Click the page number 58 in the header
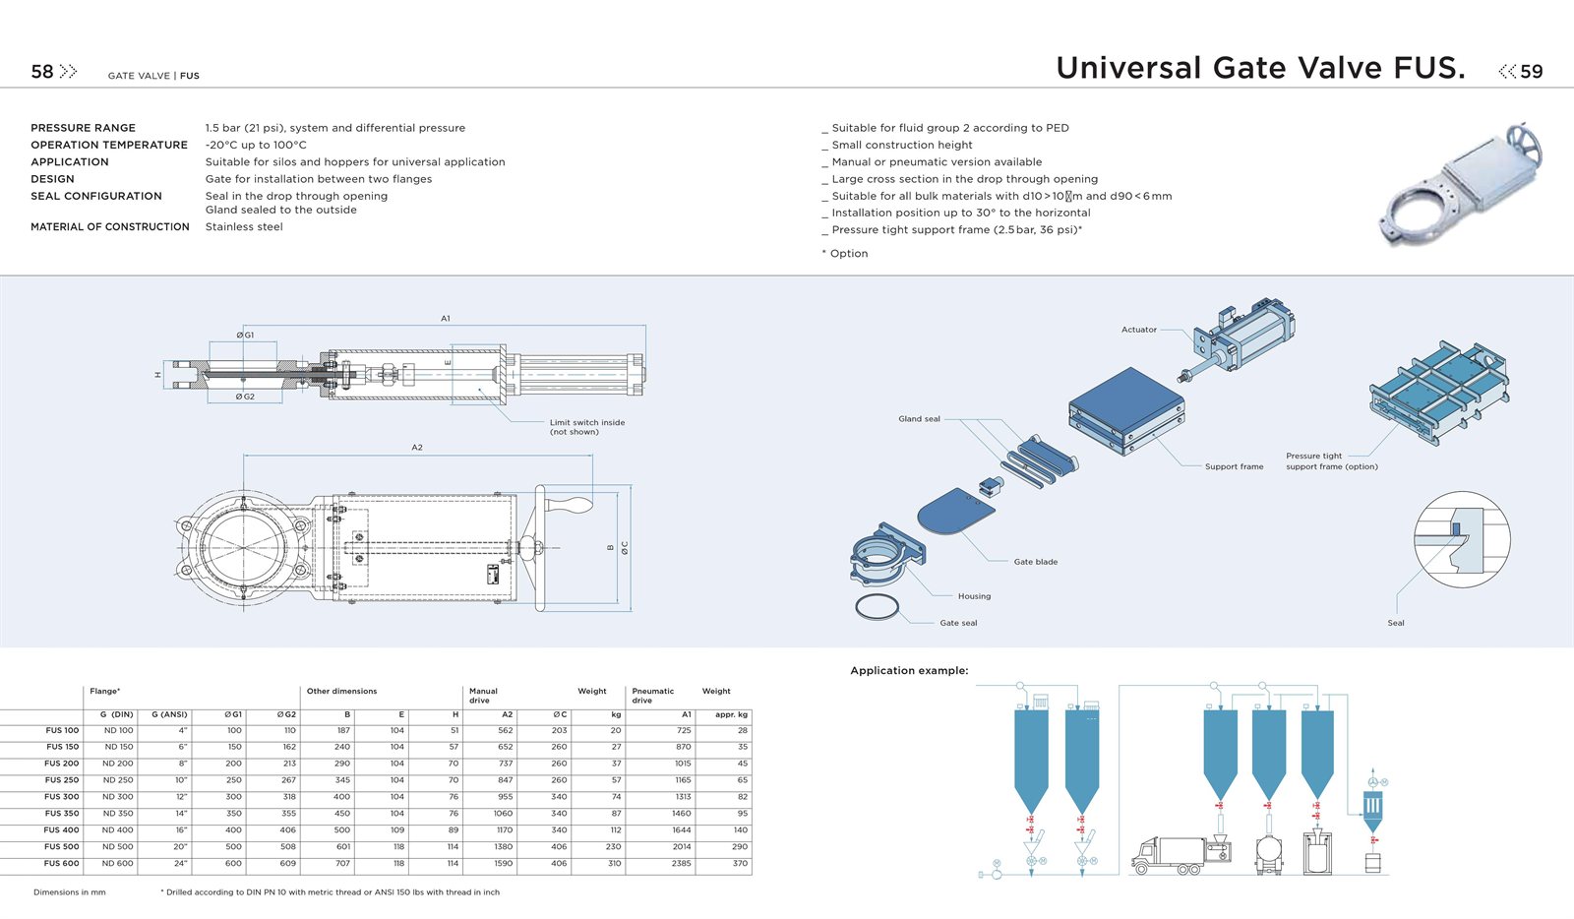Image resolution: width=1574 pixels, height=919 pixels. tap(42, 72)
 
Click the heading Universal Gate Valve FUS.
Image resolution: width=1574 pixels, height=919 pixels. tap(1260, 68)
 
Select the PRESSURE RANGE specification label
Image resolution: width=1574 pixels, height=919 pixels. tap(83, 128)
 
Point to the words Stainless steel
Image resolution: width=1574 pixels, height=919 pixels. tap(244, 227)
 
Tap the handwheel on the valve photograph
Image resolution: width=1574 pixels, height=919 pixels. tap(1526, 144)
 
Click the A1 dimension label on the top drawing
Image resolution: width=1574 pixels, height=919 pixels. tap(446, 318)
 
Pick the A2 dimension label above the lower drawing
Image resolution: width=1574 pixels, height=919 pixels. tap(417, 448)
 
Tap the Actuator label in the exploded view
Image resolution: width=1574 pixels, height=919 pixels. tap(1138, 330)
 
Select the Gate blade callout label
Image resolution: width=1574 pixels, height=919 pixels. tap(1035, 562)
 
